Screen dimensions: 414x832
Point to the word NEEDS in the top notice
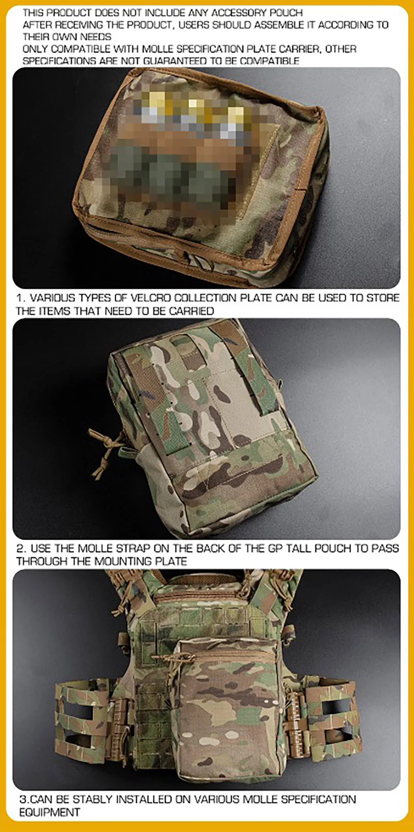pos(96,37)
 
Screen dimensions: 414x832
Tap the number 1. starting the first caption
pos(21,298)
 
